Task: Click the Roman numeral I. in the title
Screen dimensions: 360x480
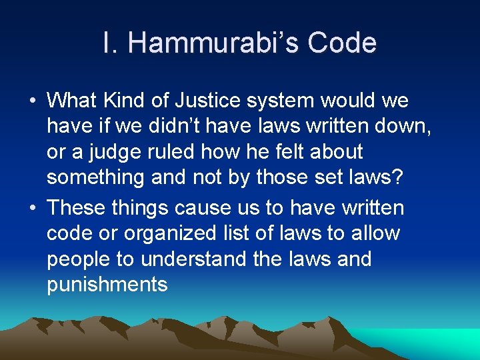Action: pos(111,43)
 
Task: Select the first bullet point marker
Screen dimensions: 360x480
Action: pos(32,102)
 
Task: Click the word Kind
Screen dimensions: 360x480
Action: pos(119,101)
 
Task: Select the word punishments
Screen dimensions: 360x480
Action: pos(107,285)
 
